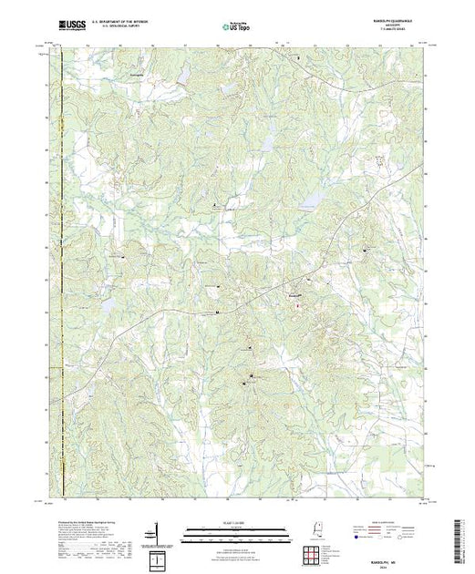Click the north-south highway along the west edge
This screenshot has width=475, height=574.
(61, 273)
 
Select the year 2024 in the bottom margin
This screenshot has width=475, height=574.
(392, 559)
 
